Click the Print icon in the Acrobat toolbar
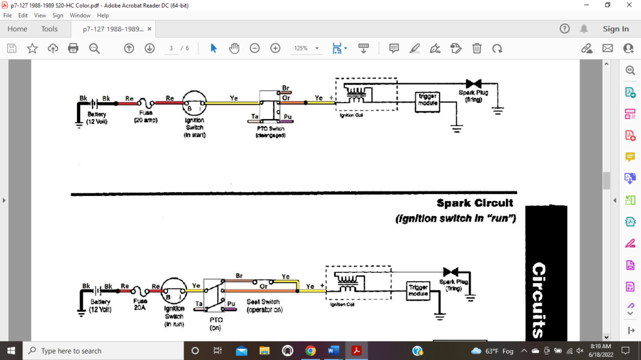point(73,48)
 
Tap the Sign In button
point(615,29)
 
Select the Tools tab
point(49,29)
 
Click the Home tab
point(17,29)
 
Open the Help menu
point(103,15)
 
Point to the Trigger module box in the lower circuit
point(418,291)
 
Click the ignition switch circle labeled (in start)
point(194,103)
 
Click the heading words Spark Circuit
point(474,203)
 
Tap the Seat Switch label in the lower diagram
point(263,302)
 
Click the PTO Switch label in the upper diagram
point(270,128)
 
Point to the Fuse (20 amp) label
point(146,116)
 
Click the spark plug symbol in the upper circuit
point(473,84)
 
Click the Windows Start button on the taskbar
point(11,351)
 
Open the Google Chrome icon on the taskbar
point(310,351)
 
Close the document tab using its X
point(150,29)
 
